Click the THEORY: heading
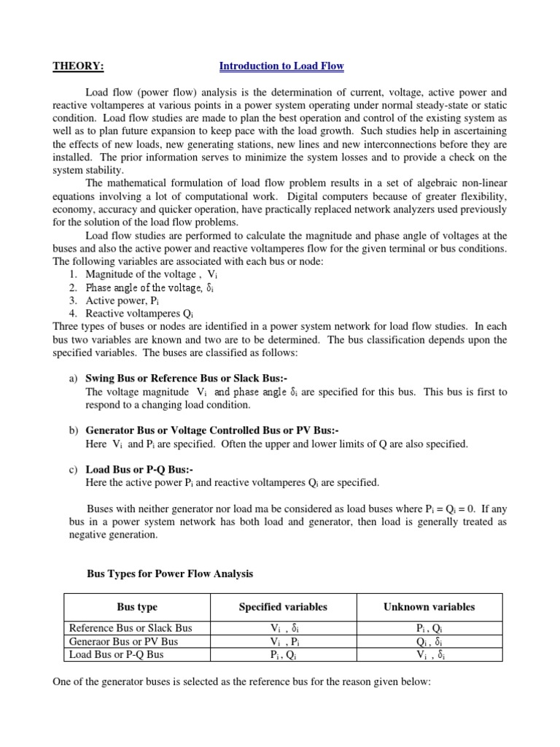78,66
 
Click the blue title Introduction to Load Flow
281,66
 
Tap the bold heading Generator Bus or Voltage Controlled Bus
212,431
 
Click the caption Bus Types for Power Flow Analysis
170,574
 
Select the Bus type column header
137,607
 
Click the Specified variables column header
283,607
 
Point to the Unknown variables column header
429,607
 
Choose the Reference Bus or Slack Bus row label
130,628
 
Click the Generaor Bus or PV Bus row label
123,641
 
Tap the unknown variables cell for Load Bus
429,654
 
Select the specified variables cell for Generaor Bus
283,641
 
